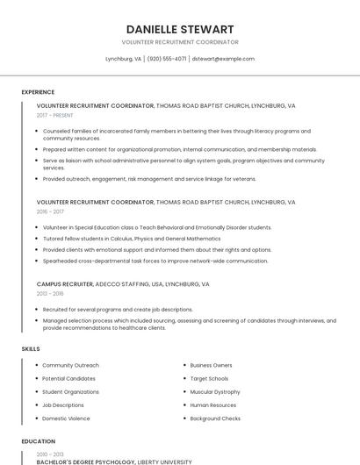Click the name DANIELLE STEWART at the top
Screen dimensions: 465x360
click(179, 29)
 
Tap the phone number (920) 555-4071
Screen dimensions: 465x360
click(167, 59)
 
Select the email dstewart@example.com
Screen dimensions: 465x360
click(223, 59)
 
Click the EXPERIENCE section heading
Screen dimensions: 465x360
click(38, 92)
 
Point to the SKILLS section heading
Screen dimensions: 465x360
click(31, 349)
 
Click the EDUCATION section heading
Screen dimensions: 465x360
click(38, 441)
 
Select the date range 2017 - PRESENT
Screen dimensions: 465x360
click(54, 115)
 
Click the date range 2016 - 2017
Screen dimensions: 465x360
click(50, 211)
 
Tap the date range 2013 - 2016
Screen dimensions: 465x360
click(50, 294)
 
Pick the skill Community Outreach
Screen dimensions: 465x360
click(70, 365)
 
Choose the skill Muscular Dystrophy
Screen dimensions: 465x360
click(214, 391)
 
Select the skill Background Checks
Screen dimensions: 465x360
click(215, 418)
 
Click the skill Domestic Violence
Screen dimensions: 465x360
click(66, 418)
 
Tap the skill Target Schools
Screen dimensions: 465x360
click(209, 378)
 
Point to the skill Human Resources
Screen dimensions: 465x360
click(212, 405)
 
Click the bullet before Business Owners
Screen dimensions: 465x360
click(184, 365)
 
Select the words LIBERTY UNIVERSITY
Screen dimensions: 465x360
click(164, 461)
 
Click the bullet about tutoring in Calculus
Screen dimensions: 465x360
click(132, 239)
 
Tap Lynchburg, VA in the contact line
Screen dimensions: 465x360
click(124, 59)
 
